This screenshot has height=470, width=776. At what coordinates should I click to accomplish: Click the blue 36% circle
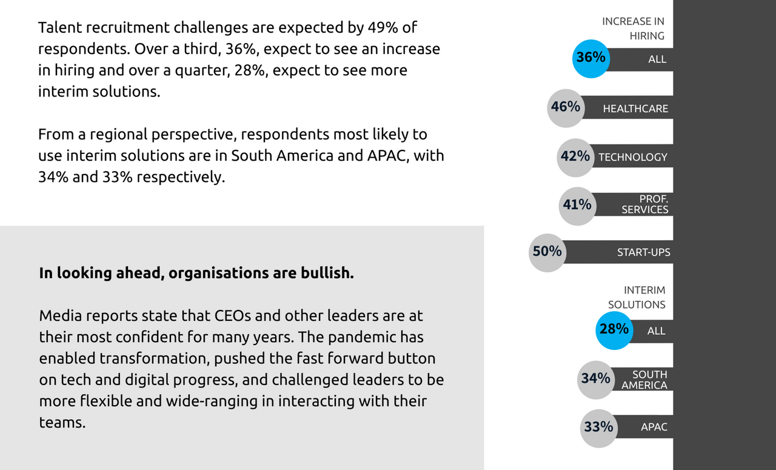click(x=590, y=58)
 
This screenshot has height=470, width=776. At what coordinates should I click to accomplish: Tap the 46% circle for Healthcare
click(x=566, y=107)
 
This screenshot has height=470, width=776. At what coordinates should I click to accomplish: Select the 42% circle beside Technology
click(x=575, y=156)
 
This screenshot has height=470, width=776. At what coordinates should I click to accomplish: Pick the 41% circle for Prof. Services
click(x=577, y=205)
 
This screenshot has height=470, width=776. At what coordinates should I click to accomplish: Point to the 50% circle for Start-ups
click(x=547, y=251)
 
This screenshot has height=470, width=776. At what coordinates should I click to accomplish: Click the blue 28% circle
click(x=614, y=329)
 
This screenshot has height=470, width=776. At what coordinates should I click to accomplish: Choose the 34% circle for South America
click(x=596, y=379)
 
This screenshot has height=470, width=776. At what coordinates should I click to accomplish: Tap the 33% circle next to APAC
click(x=599, y=428)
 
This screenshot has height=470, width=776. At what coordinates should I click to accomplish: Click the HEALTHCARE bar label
click(x=635, y=109)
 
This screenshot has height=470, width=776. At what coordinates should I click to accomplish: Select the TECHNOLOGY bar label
click(x=633, y=157)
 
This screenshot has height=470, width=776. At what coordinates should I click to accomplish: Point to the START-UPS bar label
click(x=644, y=252)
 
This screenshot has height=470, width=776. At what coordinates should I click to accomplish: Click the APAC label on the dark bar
click(x=654, y=428)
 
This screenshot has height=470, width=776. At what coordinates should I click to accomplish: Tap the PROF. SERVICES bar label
click(x=645, y=204)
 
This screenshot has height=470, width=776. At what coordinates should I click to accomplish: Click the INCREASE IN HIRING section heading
click(x=634, y=29)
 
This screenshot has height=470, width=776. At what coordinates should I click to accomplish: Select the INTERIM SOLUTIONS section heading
click(x=637, y=297)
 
